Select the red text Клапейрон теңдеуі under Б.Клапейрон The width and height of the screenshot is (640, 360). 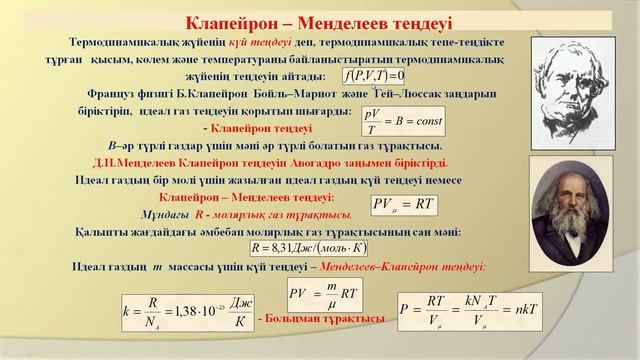point(262,127)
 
